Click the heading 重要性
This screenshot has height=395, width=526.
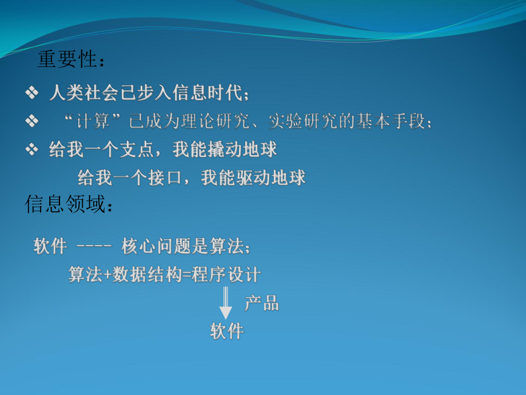67,60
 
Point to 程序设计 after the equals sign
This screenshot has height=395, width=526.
227,275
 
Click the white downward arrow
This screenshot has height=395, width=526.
226,303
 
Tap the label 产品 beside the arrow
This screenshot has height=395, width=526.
261,303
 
